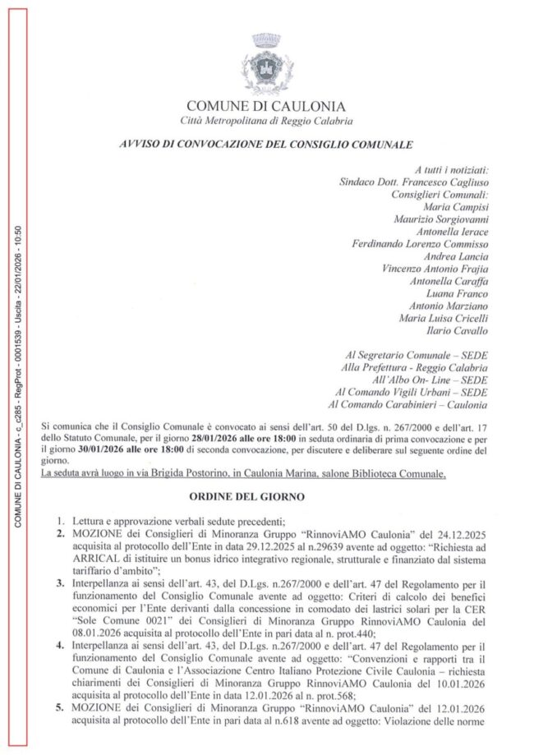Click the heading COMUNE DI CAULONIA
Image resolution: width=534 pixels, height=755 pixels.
(x=266, y=106)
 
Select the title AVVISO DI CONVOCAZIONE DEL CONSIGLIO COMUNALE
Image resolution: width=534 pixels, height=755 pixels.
(x=265, y=144)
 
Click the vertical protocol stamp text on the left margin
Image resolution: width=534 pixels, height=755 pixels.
(x=18, y=378)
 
